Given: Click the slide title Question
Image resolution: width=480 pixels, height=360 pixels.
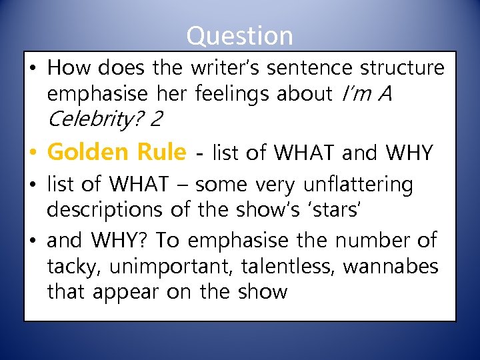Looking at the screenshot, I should pyautogui.click(x=239, y=35).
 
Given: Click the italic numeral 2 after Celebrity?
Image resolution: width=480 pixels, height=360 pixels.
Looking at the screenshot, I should pyautogui.click(x=157, y=121).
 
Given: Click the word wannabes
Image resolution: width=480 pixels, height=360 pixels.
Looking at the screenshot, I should pyautogui.click(x=391, y=267).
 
